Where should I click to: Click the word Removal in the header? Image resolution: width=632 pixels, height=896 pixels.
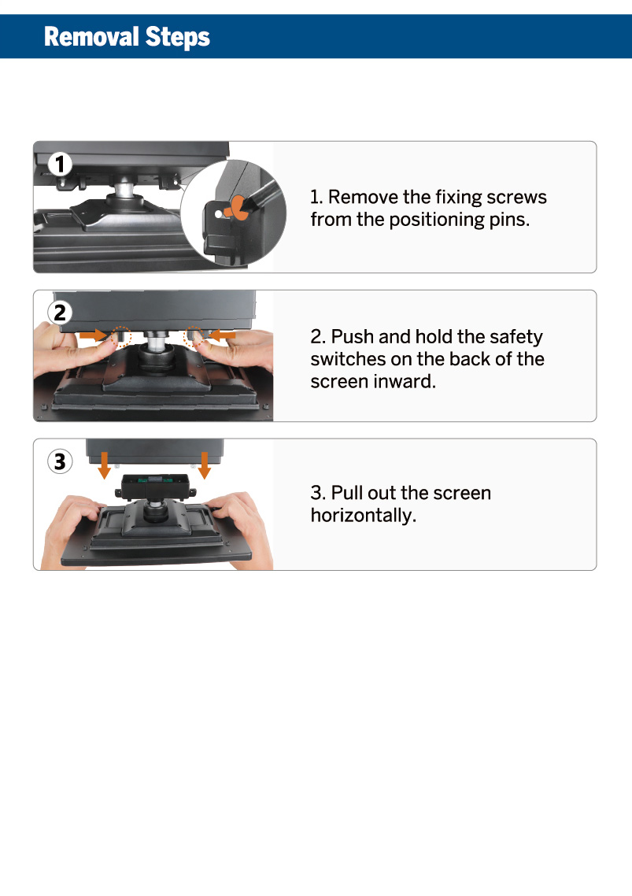coord(91,36)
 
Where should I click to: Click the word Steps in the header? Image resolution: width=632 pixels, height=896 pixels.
coord(178,38)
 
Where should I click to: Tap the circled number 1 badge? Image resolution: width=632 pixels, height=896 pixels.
coord(60,164)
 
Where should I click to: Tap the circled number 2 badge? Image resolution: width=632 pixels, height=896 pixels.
coord(60,313)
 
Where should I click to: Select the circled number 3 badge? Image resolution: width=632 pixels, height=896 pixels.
coord(60,461)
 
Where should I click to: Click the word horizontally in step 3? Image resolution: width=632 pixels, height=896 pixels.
coord(364,516)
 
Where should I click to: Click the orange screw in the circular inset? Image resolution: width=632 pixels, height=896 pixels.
coord(238,208)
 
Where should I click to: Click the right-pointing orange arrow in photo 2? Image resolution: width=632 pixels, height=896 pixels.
coord(93,335)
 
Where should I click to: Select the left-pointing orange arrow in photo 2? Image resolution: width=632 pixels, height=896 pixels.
coord(222,335)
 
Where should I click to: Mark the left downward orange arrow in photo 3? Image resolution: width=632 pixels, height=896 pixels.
coord(104,465)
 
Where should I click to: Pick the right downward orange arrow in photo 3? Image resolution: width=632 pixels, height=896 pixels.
coord(205,465)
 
